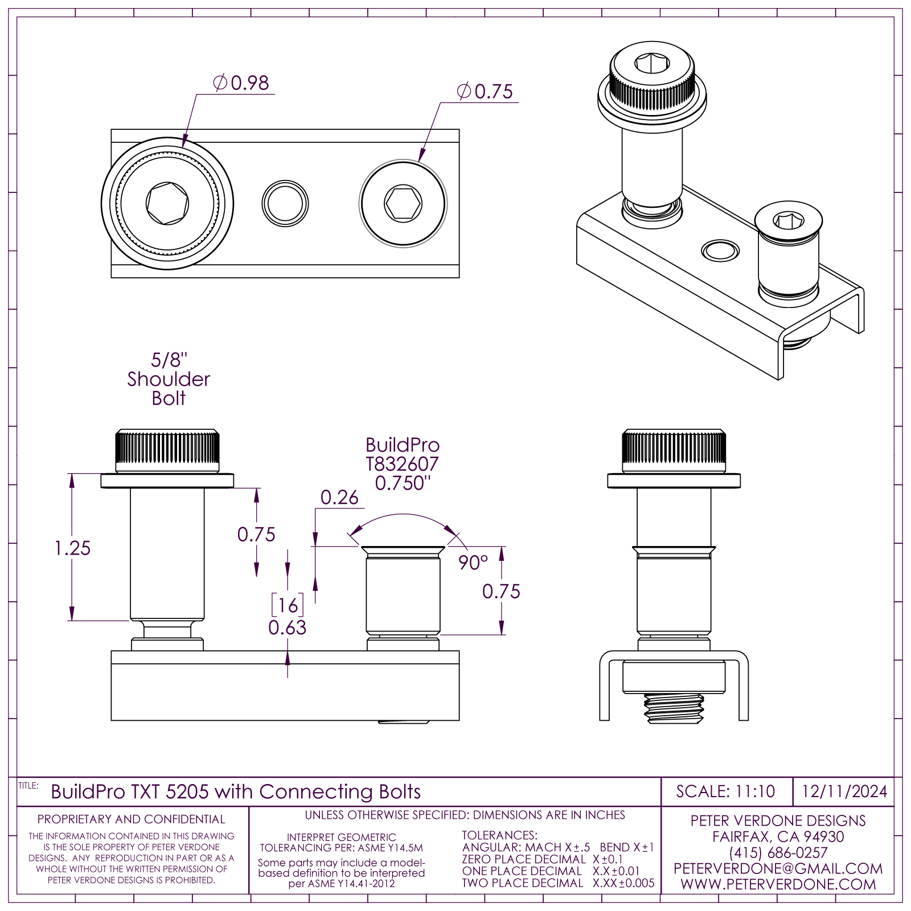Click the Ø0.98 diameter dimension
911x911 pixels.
tap(241, 83)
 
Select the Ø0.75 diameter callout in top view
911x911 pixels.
tap(485, 92)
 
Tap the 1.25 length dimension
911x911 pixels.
tap(72, 548)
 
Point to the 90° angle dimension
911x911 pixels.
tap(473, 563)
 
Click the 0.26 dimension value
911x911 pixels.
tap(339, 498)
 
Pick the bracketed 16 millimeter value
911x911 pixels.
tap(288, 605)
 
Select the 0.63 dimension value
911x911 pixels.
tap(288, 627)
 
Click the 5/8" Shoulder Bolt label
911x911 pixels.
tap(169, 379)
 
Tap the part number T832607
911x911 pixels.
tap(402, 464)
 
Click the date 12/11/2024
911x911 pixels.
tap(844, 791)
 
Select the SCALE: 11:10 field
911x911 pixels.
tap(725, 791)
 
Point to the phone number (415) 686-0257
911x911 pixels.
tap(778, 852)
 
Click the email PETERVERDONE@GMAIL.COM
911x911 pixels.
tap(778, 868)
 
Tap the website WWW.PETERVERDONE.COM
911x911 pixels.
tap(778, 884)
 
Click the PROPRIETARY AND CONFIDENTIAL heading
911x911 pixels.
tap(132, 819)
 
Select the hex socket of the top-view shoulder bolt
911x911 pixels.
tap(167, 203)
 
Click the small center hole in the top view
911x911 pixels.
tap(285, 203)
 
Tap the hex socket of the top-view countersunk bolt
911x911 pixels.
tap(403, 203)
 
